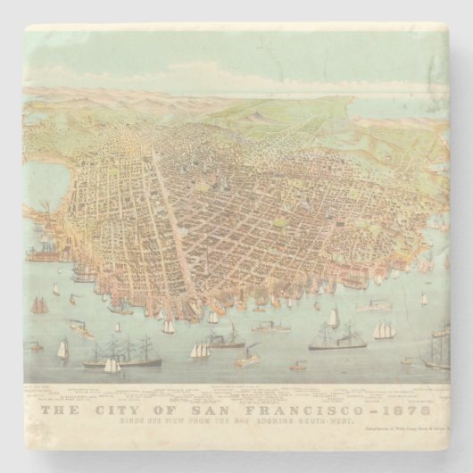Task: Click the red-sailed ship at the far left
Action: pyautogui.click(x=39, y=305)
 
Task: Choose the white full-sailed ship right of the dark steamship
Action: pyautogui.click(x=384, y=331)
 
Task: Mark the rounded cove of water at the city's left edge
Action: pyautogui.click(x=45, y=192)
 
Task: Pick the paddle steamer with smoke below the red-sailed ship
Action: pyautogui.click(x=81, y=329)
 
